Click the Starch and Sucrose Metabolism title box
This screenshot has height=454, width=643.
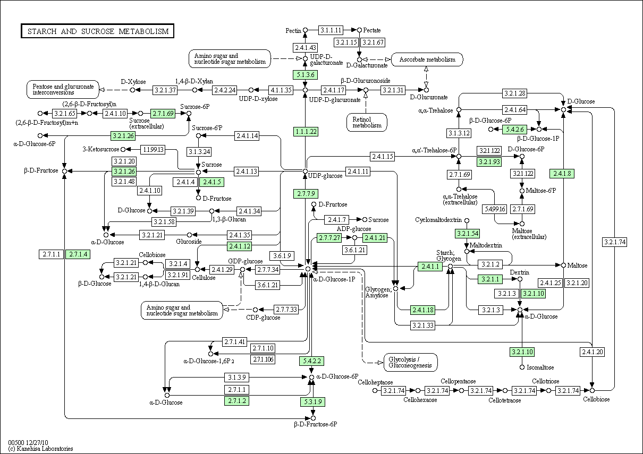point(98,31)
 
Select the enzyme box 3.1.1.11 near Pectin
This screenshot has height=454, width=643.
point(331,30)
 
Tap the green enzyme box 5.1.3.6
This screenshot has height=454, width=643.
point(305,75)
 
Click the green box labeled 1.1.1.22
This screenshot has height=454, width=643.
point(306,132)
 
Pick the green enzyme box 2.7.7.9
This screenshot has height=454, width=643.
point(306,194)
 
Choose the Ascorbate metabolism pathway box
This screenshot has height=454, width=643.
point(427,59)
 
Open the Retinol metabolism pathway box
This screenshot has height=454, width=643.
point(367,123)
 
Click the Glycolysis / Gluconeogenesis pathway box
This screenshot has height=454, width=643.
point(410,363)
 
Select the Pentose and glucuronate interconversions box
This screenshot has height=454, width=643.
point(63,90)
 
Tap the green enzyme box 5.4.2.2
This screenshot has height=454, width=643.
point(312,361)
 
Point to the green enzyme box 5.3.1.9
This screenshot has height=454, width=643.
point(313,402)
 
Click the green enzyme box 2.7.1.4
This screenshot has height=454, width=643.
point(78,254)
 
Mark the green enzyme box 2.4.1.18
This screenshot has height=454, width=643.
point(423,310)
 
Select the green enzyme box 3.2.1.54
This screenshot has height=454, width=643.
point(467,234)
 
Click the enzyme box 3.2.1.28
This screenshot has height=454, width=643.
point(515,93)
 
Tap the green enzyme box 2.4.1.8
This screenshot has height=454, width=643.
point(562,174)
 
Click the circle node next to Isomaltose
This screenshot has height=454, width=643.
point(522,367)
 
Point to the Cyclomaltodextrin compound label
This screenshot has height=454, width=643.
point(438,220)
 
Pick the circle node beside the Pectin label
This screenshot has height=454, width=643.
point(306,30)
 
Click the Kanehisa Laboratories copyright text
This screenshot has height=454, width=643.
point(40,449)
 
